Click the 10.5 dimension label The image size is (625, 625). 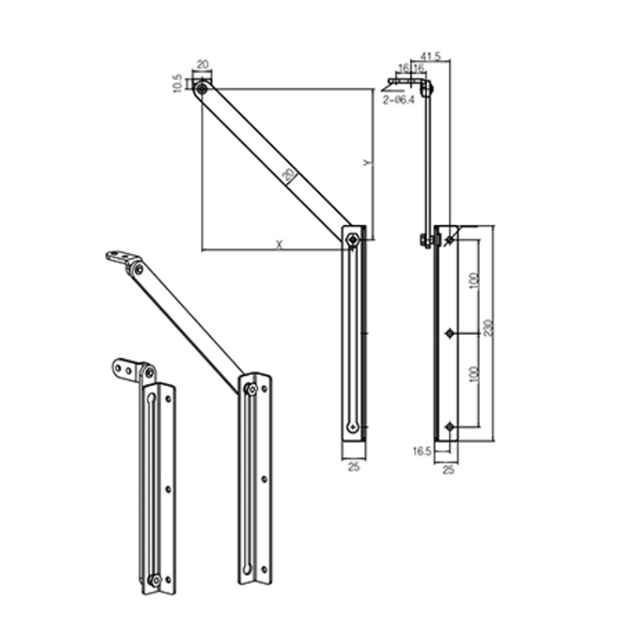(x=177, y=83)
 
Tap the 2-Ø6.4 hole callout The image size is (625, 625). (x=397, y=99)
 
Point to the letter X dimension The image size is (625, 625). (x=279, y=243)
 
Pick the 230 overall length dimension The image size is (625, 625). (x=488, y=331)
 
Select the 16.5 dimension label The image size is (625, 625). (x=422, y=452)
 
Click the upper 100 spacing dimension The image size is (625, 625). (x=473, y=283)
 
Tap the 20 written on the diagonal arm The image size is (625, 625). (x=287, y=174)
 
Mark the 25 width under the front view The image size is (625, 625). (x=353, y=467)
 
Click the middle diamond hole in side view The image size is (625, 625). (x=450, y=333)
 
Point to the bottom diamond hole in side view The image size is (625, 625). (x=450, y=427)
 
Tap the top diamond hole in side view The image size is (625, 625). (x=450, y=240)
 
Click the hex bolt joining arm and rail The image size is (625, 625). (x=353, y=240)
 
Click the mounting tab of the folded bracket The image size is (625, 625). (x=125, y=367)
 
